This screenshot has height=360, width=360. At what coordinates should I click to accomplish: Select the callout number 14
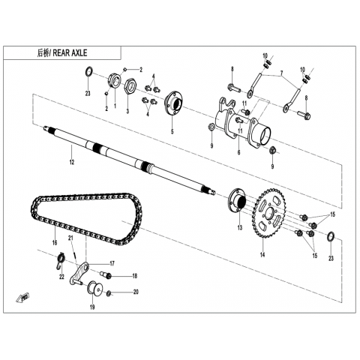click(x=262, y=255)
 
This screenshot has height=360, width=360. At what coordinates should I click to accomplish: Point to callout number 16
click(x=55, y=242)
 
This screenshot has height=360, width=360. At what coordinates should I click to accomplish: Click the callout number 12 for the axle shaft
click(x=72, y=162)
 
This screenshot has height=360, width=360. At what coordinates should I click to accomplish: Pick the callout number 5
click(x=172, y=131)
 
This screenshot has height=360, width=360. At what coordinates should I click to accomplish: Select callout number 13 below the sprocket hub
click(x=240, y=228)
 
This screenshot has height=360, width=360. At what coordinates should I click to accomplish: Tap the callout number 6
click(x=238, y=152)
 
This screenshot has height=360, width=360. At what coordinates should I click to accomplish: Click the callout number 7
click(x=282, y=73)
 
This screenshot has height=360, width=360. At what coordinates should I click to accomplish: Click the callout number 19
click(x=92, y=307)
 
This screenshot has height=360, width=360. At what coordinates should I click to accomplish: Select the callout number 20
click(x=136, y=292)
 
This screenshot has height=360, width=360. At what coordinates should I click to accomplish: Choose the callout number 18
click(x=135, y=276)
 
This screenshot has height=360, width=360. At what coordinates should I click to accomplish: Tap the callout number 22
click(x=61, y=277)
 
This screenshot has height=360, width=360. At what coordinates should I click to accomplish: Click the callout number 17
click(x=112, y=263)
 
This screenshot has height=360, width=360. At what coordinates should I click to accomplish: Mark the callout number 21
click(x=70, y=238)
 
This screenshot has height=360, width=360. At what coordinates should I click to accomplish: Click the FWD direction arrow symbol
click(x=23, y=298)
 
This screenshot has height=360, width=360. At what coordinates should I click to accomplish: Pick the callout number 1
click(x=115, y=106)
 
